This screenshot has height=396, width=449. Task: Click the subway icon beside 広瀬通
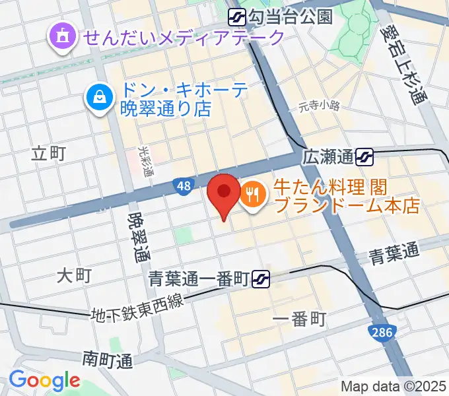pyautogui.click(x=364, y=156)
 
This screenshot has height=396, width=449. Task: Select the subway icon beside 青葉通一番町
pyautogui.click(x=260, y=280)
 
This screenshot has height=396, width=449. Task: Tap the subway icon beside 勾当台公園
pyautogui.click(x=237, y=16)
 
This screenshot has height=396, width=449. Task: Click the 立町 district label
pyautogui.click(x=49, y=154)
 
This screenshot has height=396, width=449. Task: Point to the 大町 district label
pyautogui.click(x=73, y=275)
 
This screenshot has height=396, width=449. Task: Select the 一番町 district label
pyautogui.click(x=299, y=320)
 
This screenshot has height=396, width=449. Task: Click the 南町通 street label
pyautogui.click(x=108, y=360)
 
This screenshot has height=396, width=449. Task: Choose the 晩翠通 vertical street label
pyautogui.click(x=139, y=236)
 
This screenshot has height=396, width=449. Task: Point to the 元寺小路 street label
pyautogui.click(x=318, y=106)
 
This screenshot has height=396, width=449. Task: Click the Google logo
pyautogui.click(x=44, y=381)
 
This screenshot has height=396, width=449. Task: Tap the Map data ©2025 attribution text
pyautogui.click(x=394, y=386)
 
